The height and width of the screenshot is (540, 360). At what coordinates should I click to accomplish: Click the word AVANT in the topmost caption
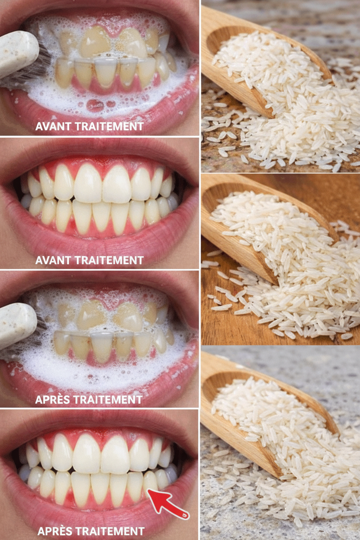click(53, 126)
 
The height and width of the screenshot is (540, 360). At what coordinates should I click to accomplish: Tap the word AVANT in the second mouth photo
click(53, 260)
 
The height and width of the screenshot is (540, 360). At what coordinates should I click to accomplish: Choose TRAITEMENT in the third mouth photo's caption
click(108, 399)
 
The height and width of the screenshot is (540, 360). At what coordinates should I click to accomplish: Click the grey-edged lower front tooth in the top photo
click(106, 72)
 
